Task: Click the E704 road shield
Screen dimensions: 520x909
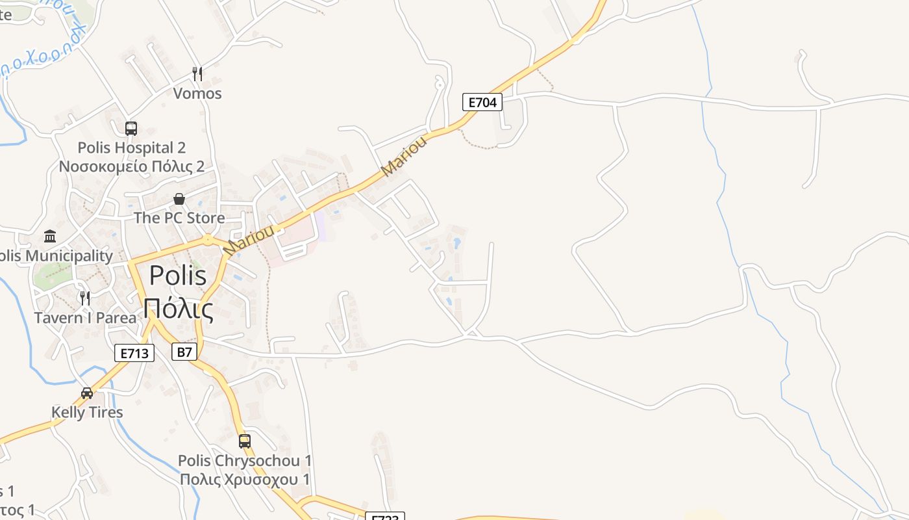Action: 482,102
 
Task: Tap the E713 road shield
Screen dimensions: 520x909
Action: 135,354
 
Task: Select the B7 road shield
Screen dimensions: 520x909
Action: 184,352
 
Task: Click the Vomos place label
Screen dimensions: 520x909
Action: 197,94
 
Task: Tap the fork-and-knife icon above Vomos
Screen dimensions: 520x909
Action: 197,74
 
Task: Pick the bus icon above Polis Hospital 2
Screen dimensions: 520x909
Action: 131,129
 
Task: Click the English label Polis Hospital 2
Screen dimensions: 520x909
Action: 132,148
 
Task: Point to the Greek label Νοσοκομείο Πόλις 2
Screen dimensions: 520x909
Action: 132,166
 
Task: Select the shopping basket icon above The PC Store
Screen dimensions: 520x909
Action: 179,199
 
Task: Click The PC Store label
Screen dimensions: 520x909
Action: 179,218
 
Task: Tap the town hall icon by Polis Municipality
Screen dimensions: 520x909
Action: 50,236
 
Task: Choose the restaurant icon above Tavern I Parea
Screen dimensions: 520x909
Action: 85,298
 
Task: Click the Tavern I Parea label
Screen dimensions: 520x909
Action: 85,318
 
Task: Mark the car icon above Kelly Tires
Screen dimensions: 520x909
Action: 87,393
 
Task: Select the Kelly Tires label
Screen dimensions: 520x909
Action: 87,412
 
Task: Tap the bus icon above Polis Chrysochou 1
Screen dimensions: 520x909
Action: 245,441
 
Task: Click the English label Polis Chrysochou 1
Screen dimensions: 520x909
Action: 245,461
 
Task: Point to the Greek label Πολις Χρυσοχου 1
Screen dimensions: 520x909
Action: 245,480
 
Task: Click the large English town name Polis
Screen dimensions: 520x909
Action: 178,275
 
